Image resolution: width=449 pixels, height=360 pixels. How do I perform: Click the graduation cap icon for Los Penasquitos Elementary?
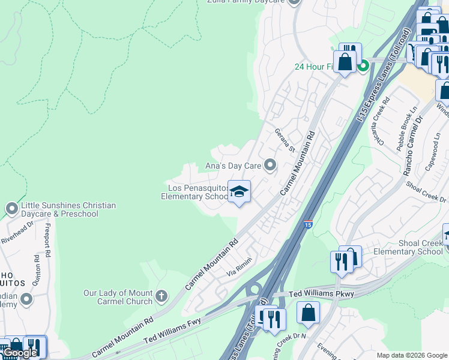239,192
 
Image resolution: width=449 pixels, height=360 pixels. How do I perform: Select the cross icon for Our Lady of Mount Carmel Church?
161,296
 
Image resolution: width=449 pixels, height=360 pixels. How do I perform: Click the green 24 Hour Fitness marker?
363,66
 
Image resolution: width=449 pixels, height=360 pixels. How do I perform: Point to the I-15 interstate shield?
308,224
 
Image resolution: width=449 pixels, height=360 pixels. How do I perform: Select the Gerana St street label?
286,140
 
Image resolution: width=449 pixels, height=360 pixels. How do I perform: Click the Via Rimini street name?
238,266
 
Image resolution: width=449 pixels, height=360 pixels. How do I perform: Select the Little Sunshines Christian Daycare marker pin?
11,209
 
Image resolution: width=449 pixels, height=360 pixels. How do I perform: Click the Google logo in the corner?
20,353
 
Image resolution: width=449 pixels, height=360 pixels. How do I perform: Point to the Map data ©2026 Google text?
411,355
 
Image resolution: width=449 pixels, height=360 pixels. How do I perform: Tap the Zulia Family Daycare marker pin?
294,2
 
